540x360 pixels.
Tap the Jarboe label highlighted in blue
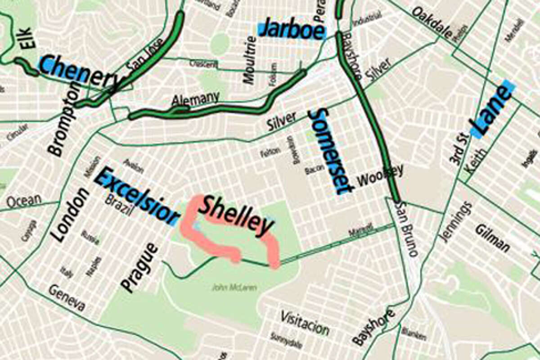[x=292, y=29]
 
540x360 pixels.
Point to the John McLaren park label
[x=234, y=287]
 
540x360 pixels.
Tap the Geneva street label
[x=67, y=298]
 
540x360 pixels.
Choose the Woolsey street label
[x=380, y=175]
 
